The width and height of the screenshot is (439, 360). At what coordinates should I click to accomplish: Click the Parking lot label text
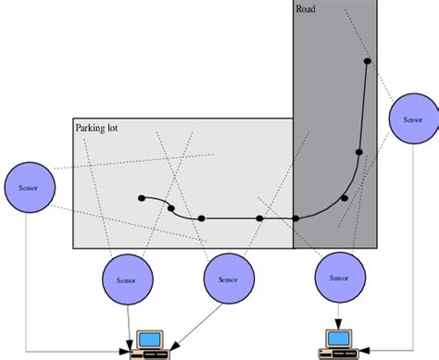pyautogui.click(x=96, y=128)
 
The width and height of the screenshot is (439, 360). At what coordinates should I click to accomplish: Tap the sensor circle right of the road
pyautogui.click(x=412, y=119)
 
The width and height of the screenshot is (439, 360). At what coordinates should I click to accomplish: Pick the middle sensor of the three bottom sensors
pyautogui.click(x=228, y=280)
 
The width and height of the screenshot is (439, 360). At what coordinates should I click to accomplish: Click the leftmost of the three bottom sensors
pyautogui.click(x=124, y=280)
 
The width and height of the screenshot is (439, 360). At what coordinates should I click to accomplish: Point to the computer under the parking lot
pyautogui.click(x=149, y=344)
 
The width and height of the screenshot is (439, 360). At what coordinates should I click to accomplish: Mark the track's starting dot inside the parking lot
pyautogui.click(x=141, y=198)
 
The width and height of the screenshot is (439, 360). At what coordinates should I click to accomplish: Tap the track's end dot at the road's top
pyautogui.click(x=367, y=61)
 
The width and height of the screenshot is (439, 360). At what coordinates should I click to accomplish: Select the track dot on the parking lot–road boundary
pyautogui.click(x=295, y=218)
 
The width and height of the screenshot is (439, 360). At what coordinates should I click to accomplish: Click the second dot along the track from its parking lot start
pyautogui.click(x=170, y=208)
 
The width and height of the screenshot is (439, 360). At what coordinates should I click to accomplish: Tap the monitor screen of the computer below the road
pyautogui.click(x=339, y=338)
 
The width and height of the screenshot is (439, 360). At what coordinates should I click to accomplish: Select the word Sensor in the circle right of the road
pyautogui.click(x=412, y=119)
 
